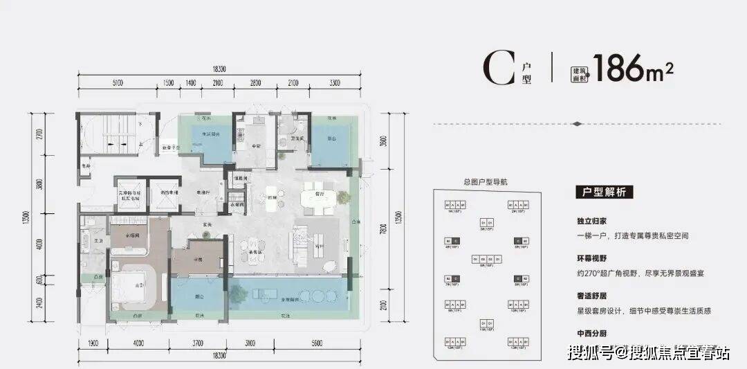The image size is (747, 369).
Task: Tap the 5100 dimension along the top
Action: pos(116,83)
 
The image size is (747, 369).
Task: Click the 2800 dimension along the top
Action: pos(255,83)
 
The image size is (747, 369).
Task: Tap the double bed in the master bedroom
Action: pos(138,285)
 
